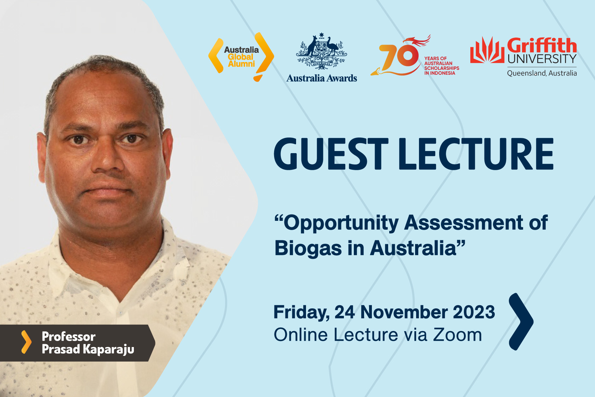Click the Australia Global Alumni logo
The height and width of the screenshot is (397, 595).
pos(241,57)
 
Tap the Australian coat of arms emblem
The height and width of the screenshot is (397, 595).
pos(322,51)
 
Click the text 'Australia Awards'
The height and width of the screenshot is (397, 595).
pos(322,78)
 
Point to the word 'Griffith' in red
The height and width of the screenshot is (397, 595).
pos(542,45)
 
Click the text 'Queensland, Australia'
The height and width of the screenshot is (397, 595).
pos(542,73)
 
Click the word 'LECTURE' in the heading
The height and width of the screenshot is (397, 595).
pos(476,154)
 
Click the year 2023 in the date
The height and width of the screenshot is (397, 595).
pos(474,312)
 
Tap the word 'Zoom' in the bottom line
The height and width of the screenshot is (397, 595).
pos(458,335)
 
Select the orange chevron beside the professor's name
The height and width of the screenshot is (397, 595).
pos(27,342)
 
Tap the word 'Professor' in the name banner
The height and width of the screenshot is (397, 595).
pos(69,337)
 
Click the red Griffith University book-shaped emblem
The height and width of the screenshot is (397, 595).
pos(487,50)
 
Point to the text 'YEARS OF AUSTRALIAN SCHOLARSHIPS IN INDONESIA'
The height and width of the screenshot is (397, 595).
pos(441,66)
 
